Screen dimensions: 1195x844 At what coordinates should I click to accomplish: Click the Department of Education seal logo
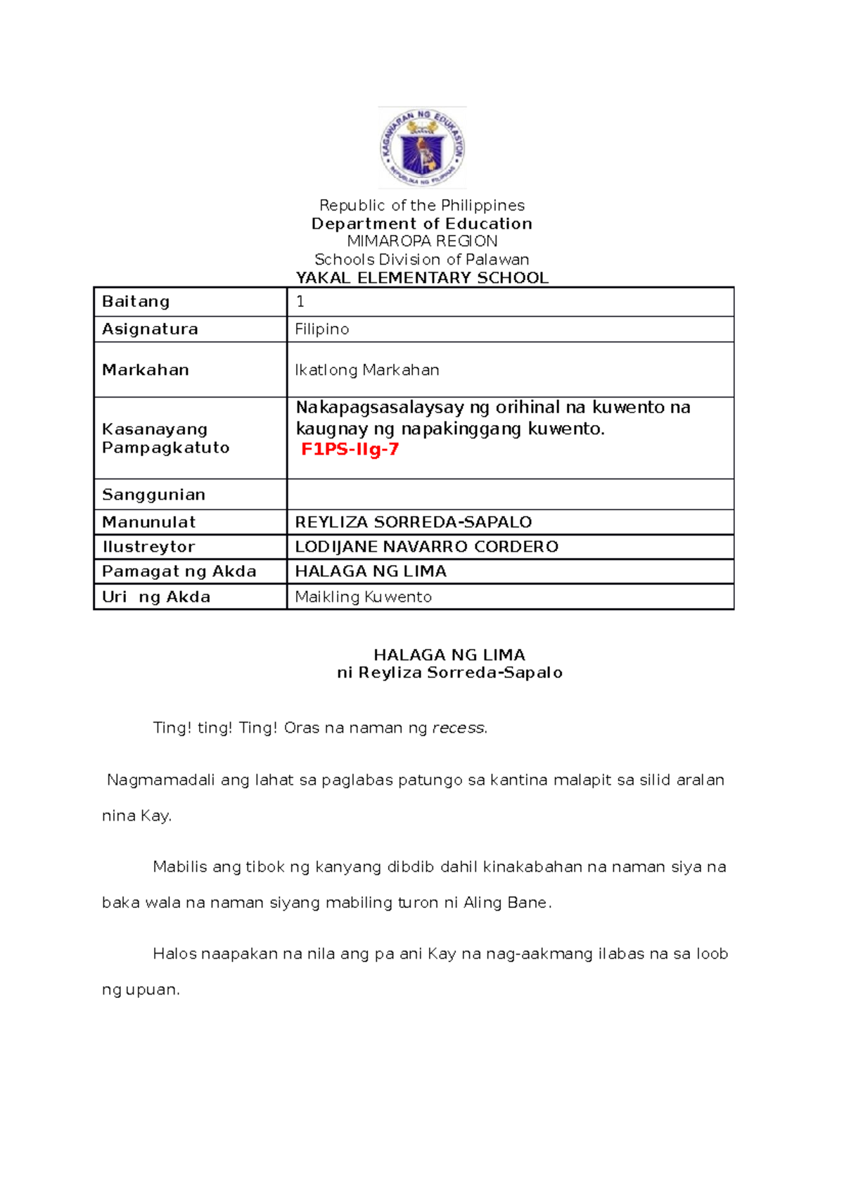[422, 148]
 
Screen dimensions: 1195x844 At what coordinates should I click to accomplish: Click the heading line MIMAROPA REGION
[422, 241]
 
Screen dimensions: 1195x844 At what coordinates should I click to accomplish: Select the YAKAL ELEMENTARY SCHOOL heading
[422, 277]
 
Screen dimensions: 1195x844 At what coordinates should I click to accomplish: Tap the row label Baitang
[136, 301]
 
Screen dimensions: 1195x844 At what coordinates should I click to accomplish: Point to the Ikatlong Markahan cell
[366, 369]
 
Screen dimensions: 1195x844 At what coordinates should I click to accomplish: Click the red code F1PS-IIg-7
[350, 449]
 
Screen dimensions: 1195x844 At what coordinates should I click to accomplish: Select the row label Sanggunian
[153, 494]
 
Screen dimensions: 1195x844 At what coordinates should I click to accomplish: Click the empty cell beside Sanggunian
[510, 494]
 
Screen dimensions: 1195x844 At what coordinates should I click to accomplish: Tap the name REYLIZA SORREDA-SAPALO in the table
[413, 521]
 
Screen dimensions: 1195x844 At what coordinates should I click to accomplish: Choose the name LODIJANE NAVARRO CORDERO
[426, 546]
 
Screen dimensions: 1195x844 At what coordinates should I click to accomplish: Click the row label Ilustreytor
[148, 546]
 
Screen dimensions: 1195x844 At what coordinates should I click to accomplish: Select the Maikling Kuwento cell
[363, 597]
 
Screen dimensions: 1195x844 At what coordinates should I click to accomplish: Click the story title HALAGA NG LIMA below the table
[449, 655]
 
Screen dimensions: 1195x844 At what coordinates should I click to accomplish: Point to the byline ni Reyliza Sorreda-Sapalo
[449, 672]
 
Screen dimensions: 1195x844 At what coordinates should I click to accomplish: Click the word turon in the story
[418, 902]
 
